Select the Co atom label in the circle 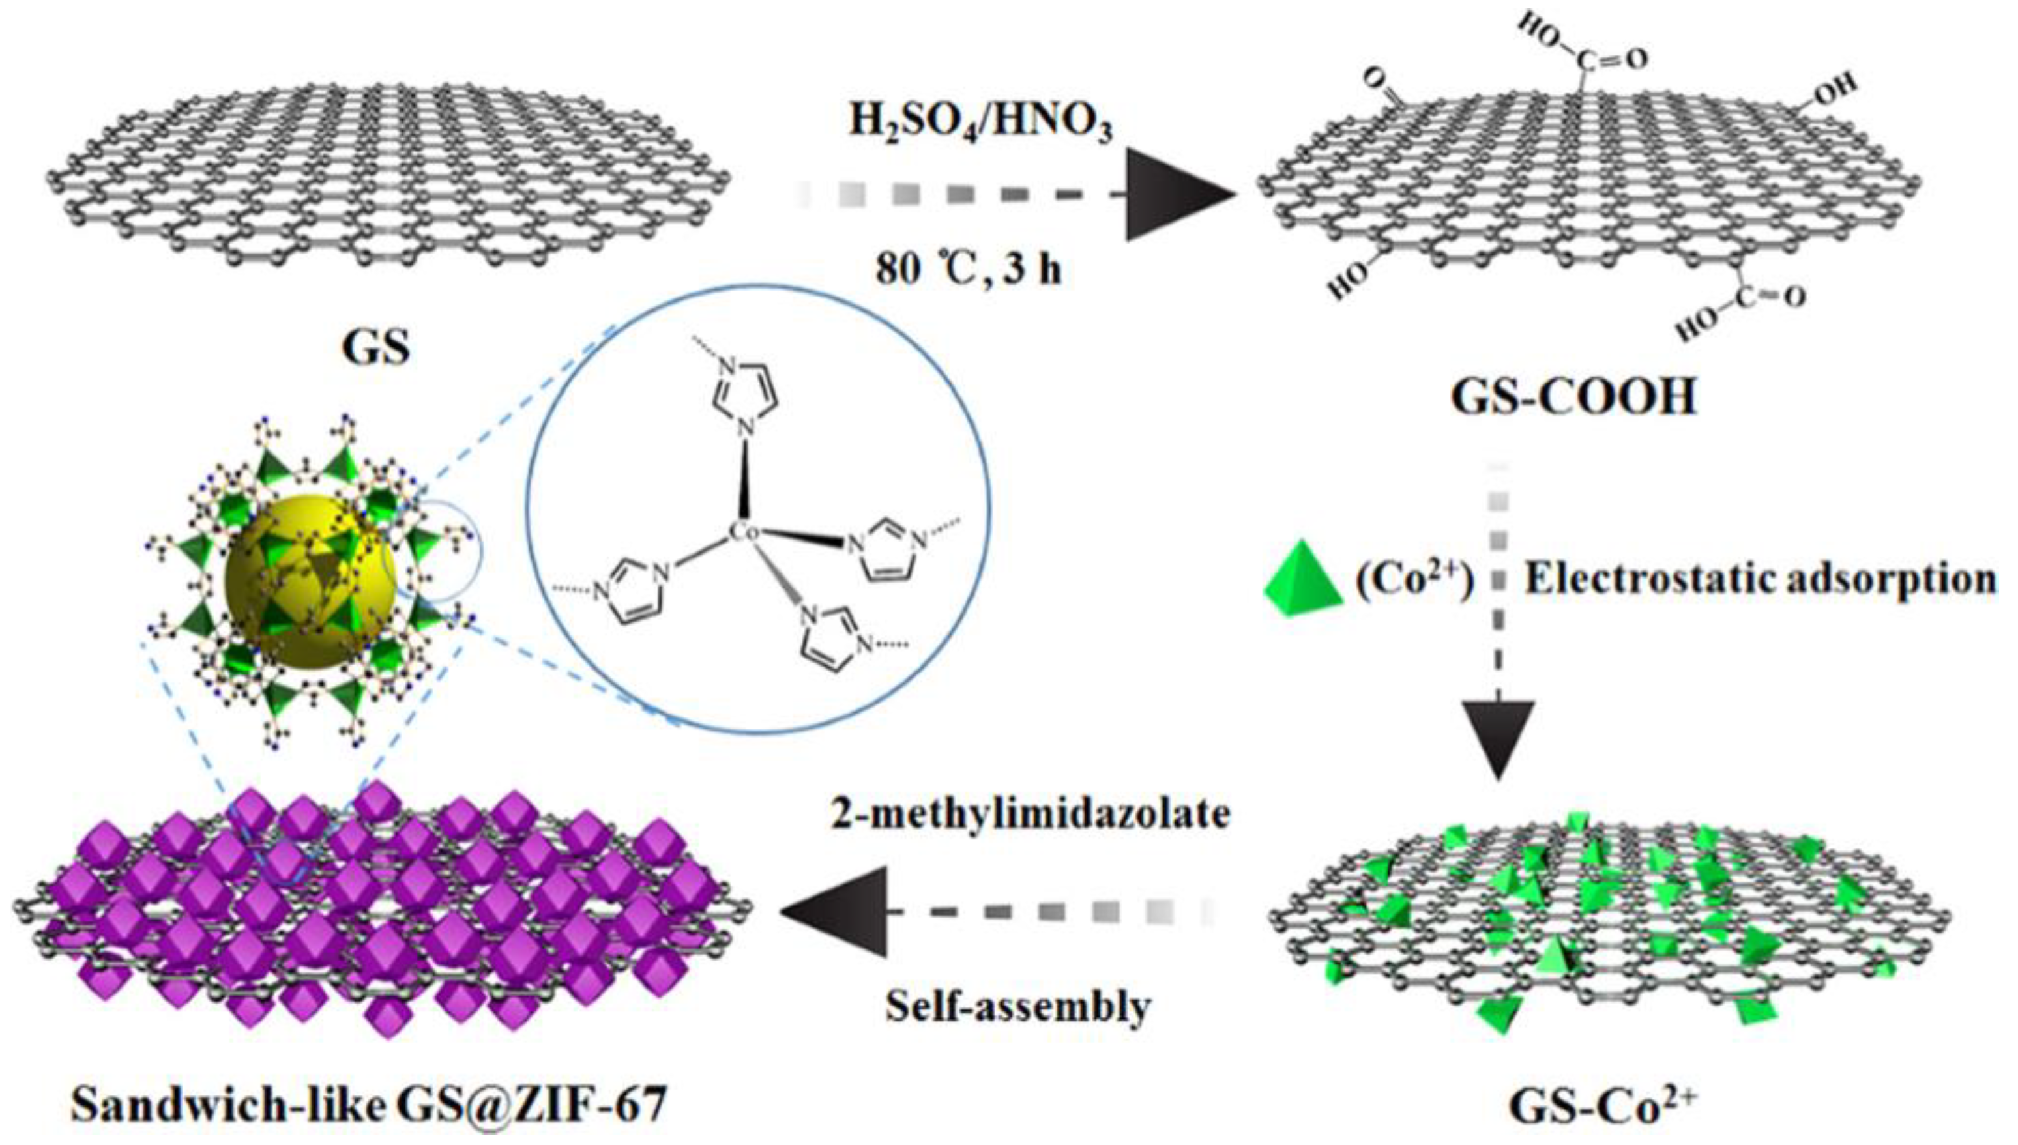pyautogui.click(x=742, y=532)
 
